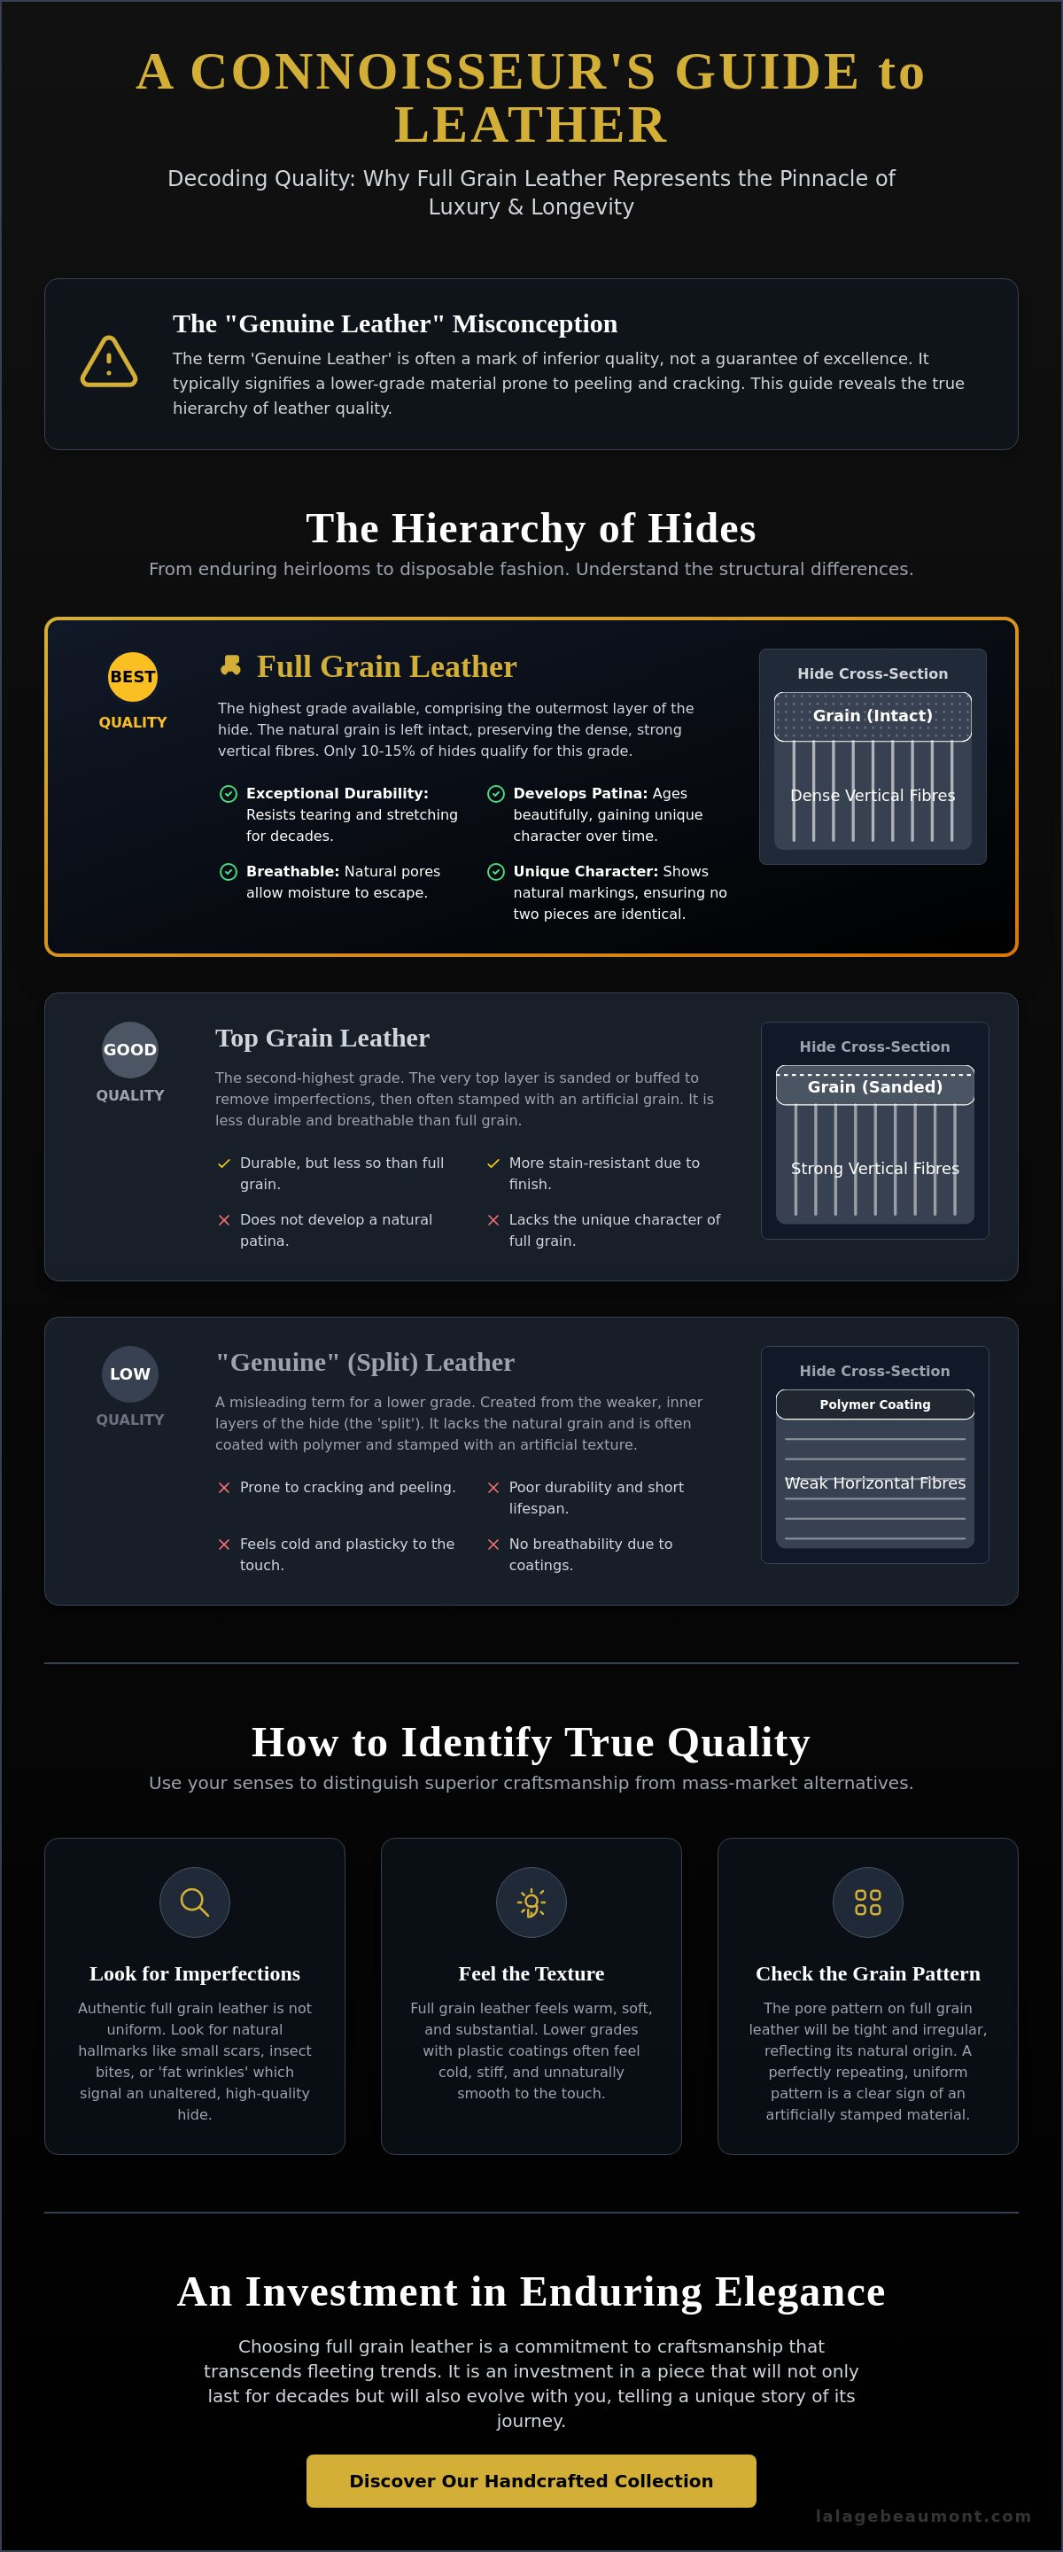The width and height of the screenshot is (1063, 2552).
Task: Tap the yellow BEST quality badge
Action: click(133, 677)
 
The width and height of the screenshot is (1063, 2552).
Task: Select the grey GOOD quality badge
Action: click(130, 1049)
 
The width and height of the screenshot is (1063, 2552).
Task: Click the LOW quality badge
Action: click(130, 1374)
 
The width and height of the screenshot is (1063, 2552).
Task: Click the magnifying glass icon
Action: click(194, 1902)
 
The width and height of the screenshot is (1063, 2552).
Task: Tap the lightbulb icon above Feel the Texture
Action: click(531, 1902)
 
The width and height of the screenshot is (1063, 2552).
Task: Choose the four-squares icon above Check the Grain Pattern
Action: click(868, 1902)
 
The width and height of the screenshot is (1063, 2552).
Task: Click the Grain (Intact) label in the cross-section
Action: click(873, 715)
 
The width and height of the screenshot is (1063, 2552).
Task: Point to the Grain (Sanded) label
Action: click(875, 1086)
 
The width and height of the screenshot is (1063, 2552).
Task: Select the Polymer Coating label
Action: click(875, 1404)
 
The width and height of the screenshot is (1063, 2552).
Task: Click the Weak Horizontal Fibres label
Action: click(875, 1483)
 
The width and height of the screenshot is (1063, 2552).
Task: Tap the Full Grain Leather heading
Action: click(386, 666)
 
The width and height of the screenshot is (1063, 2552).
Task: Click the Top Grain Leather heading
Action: click(322, 1038)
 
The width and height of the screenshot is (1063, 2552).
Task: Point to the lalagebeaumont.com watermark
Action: click(923, 2516)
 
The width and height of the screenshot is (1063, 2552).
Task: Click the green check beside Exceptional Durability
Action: click(228, 794)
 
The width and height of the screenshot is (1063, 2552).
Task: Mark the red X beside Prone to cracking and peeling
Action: click(224, 1487)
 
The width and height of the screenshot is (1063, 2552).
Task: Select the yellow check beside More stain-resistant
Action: click(493, 1163)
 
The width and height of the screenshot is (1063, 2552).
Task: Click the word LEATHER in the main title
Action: click(531, 125)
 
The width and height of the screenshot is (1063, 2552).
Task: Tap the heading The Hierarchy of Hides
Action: click(531, 528)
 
